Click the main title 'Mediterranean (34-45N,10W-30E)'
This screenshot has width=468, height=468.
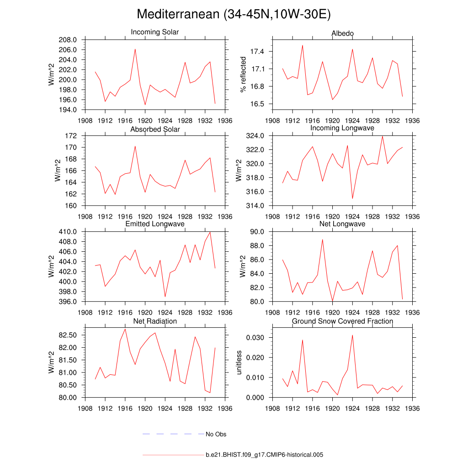pos(234,15)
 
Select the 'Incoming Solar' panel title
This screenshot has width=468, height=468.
pos(155,32)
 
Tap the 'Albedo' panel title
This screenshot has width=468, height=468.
pos(342,34)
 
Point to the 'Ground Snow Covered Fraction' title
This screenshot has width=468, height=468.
pos(342,321)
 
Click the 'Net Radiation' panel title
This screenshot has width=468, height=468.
pos(155,321)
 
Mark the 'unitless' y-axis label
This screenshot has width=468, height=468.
pos(239,362)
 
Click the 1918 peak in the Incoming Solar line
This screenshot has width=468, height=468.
pos(135,49)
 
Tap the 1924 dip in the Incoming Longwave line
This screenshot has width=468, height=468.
pos(352,198)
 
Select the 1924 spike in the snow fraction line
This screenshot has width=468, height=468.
pos(352,335)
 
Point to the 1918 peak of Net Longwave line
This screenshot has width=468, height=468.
pos(322,239)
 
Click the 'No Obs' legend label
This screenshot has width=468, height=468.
pos(216,434)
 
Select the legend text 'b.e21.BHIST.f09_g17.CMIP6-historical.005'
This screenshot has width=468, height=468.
pos(265,455)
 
